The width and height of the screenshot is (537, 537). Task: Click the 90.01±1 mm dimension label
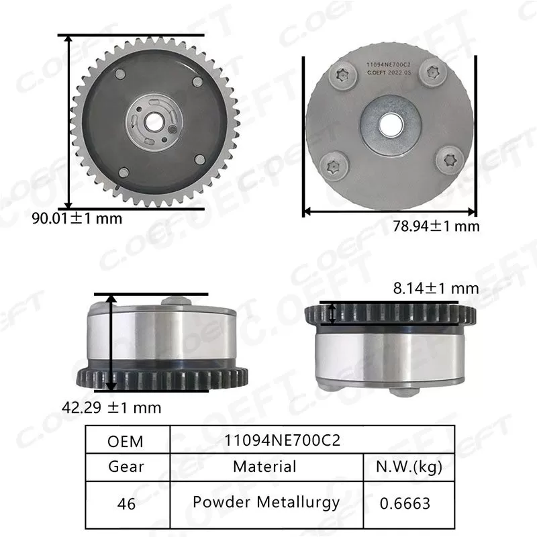[x=77, y=218]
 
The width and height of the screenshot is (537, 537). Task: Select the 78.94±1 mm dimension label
[x=436, y=226]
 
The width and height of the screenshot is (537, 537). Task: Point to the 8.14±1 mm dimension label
[x=436, y=288]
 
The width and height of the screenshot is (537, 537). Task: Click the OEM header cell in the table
[x=126, y=441]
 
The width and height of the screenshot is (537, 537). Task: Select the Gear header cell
[x=126, y=467]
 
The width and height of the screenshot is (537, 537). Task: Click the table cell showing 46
[x=126, y=503]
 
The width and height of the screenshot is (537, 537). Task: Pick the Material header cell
[x=264, y=466]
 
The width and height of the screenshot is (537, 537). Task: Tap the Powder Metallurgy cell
[x=266, y=502]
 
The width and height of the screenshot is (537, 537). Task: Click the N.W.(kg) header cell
[x=409, y=466]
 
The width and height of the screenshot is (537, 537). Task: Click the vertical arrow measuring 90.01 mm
[x=68, y=121]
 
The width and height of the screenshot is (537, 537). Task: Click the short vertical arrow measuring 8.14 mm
[x=331, y=313]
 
